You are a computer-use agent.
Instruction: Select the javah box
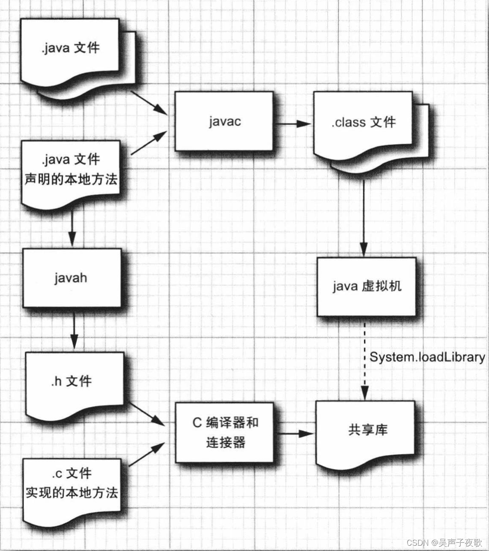click(71, 278)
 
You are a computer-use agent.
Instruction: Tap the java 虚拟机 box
click(366, 287)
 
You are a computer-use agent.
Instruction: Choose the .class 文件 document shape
click(363, 123)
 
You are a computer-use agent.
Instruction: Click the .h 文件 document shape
click(72, 381)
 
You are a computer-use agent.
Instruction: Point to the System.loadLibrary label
click(427, 357)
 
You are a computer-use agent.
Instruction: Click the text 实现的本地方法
click(71, 492)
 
